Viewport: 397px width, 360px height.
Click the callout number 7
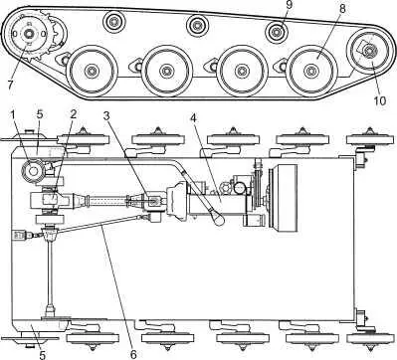(10, 84)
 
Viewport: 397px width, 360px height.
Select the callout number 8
(341, 9)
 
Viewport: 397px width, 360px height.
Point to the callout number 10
(380, 100)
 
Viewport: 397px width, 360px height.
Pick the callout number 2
(73, 114)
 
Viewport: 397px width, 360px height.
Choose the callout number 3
(106, 116)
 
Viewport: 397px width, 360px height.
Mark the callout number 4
(194, 118)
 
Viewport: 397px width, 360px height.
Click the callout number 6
(133, 354)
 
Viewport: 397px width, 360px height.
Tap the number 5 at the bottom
(42, 355)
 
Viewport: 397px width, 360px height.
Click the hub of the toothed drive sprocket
(29, 33)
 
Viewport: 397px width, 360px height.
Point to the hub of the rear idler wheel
(368, 51)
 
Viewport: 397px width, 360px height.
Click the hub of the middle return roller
(198, 26)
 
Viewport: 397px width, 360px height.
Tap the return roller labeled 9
(277, 32)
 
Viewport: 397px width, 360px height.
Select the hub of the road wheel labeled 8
(310, 71)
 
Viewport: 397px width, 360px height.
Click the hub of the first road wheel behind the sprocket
(91, 71)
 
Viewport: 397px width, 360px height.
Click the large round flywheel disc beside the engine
(285, 200)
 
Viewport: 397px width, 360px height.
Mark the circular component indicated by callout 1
(33, 170)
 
